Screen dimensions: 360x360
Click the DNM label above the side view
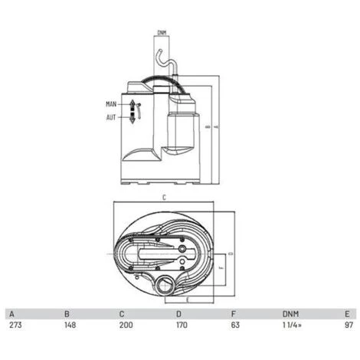point(162,32)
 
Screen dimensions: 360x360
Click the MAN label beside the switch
point(112,103)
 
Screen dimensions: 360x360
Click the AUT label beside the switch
point(112,117)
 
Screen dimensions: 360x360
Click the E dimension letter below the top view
point(188,300)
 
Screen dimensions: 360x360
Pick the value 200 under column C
point(123,325)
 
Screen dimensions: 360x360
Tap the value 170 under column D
point(180,325)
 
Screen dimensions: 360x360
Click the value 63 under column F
point(235,325)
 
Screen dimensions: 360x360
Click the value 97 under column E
point(349,325)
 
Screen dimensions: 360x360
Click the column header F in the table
point(233,313)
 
